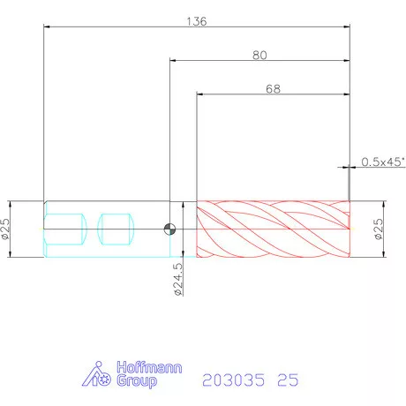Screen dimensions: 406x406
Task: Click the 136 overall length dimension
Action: tap(197, 21)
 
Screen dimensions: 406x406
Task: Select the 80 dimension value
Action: tap(259, 56)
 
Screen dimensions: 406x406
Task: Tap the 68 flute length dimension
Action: tap(273, 89)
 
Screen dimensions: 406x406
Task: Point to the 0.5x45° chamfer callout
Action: tap(383, 162)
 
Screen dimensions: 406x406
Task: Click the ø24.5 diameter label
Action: tap(178, 279)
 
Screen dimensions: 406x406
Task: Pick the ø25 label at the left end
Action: tap(5, 229)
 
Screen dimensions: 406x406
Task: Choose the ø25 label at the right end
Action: tap(379, 229)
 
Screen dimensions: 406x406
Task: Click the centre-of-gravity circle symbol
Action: tap(169, 229)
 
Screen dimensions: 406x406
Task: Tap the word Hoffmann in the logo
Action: tap(149, 367)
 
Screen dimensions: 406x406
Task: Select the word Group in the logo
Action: tap(137, 381)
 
